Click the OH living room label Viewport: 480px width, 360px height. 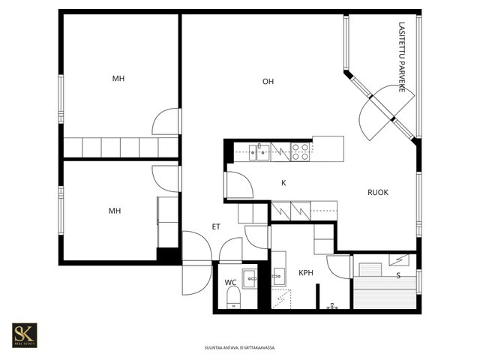click(268, 82)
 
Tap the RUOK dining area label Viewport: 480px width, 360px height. click(378, 192)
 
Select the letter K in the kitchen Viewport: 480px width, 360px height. click(283, 183)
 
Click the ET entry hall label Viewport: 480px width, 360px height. click(216, 226)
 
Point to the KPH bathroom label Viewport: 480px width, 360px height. click(306, 273)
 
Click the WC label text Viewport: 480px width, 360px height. click(230, 282)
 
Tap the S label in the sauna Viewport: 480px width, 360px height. click(398, 276)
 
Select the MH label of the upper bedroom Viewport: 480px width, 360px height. click(118, 79)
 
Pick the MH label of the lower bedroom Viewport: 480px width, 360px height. click(115, 211)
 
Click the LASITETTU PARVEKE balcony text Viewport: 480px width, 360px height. click(402, 57)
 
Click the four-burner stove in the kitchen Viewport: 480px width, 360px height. click(300, 151)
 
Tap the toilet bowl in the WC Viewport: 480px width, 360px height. click(233, 298)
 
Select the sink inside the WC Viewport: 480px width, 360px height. click(250, 278)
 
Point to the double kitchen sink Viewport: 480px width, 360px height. click(259, 152)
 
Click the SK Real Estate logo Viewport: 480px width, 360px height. click(25, 335)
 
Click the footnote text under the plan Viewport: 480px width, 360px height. click(240, 348)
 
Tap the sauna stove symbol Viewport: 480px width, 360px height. click(399, 260)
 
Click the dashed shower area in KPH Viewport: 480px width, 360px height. click(281, 298)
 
